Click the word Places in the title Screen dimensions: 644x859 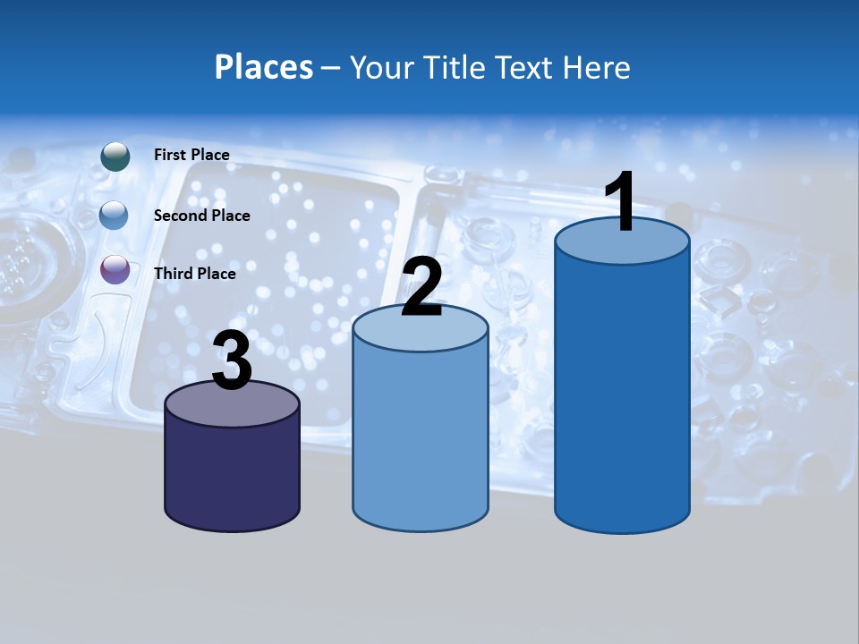click(264, 67)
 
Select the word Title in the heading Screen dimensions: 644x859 click(454, 67)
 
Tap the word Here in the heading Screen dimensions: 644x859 click(599, 67)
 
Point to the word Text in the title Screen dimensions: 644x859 click(527, 67)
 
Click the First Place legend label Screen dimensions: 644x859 click(191, 155)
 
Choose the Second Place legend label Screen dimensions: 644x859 click(201, 215)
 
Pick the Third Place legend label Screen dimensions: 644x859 click(194, 274)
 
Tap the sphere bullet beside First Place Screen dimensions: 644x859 click(115, 156)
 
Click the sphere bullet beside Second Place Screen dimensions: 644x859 click(115, 215)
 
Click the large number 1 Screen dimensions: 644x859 click(620, 202)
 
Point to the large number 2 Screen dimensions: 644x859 click(421, 288)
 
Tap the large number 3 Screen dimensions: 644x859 click(233, 362)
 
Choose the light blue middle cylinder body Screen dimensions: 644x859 click(421, 438)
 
